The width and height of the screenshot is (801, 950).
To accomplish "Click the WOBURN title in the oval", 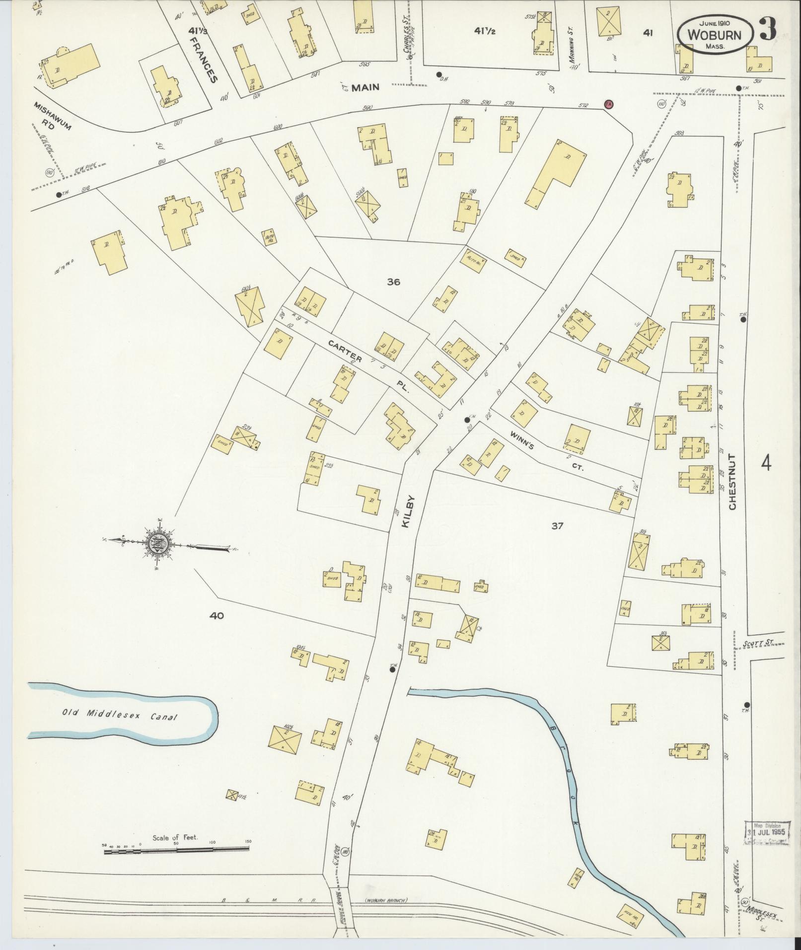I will (x=715, y=35).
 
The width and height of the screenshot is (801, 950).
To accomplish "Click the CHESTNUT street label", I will (x=733, y=481).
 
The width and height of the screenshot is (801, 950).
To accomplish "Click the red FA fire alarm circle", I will (x=608, y=104).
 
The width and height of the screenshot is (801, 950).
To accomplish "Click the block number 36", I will (x=393, y=282).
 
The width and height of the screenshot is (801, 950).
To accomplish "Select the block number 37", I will (x=557, y=526).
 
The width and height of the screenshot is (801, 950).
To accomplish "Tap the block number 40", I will (x=217, y=615).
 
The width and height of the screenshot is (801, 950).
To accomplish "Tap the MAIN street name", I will (x=365, y=88).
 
